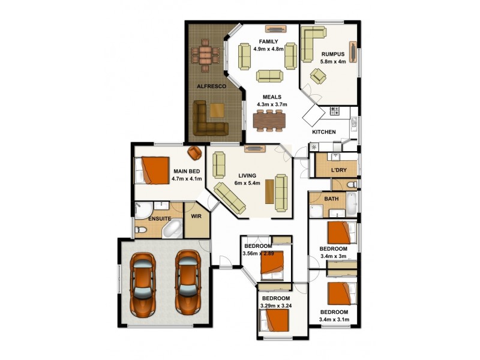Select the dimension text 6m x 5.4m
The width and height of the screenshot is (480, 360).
247,183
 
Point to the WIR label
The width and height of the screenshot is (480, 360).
195,217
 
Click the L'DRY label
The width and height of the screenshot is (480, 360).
340,170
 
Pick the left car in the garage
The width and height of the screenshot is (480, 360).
143,282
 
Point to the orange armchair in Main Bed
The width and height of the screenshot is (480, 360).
194,154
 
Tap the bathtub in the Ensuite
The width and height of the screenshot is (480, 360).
173,229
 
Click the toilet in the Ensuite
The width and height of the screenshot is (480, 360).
139,230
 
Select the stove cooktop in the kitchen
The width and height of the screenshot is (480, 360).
334,112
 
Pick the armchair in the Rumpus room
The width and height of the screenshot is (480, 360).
318,76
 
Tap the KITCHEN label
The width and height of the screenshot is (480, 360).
323,132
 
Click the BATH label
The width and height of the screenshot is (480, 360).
331,199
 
